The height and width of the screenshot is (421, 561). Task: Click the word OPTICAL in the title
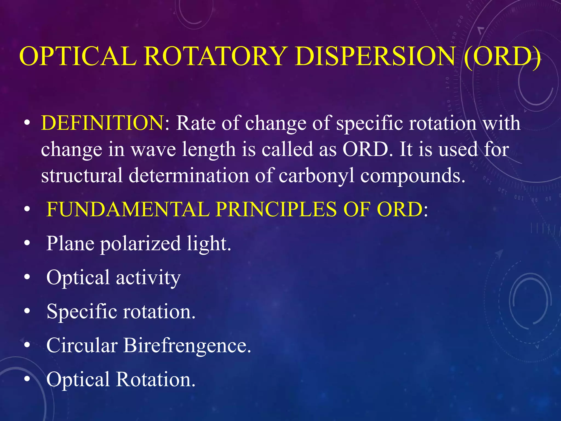pos(78,56)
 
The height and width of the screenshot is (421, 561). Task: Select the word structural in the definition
pos(82,175)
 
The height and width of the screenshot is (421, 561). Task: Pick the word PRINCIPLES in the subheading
pos(276,209)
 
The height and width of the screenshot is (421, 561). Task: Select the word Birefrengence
pos(187,345)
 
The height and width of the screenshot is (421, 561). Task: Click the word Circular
pos(82,345)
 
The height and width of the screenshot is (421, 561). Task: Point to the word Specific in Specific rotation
pos(82,312)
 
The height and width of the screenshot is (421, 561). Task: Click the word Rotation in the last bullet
pos(156,380)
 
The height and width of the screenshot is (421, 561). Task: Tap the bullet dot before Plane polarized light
pos(27,243)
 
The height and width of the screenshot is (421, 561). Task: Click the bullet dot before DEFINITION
pos(27,123)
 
